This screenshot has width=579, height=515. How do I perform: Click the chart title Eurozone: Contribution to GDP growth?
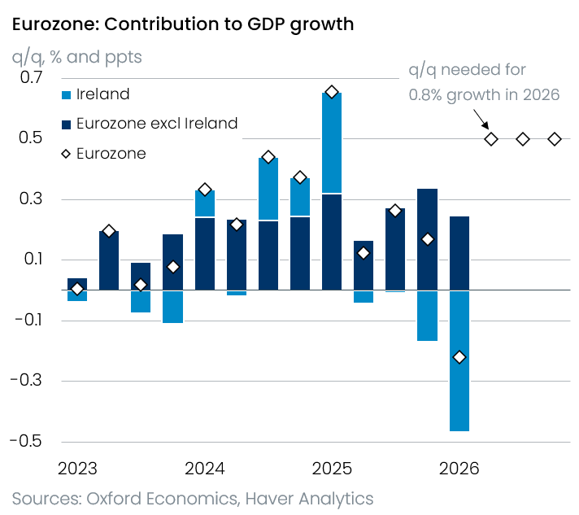(x=183, y=25)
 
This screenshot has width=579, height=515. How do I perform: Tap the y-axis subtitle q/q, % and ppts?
(x=76, y=57)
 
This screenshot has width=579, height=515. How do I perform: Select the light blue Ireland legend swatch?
(x=66, y=95)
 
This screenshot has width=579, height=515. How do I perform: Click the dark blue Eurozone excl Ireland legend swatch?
(x=66, y=124)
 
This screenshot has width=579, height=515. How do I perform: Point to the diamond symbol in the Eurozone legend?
(x=66, y=154)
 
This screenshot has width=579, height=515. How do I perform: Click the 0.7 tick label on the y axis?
(x=32, y=77)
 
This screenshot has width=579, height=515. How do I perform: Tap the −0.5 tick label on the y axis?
(x=26, y=441)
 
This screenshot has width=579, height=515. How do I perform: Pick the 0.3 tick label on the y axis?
(x=31, y=199)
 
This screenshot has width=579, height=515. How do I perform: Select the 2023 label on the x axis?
(x=77, y=469)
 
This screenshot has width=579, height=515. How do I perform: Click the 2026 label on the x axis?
(x=459, y=469)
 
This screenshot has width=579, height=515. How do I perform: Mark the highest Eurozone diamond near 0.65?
(x=332, y=92)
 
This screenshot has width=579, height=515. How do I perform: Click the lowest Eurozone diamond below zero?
(x=459, y=357)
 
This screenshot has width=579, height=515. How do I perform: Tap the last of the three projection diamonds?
(x=555, y=139)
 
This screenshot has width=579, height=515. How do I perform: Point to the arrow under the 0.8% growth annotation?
(x=481, y=119)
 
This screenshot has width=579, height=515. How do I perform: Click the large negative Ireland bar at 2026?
(x=459, y=361)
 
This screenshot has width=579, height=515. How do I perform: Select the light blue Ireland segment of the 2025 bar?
(x=332, y=143)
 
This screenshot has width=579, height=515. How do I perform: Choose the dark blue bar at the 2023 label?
(x=77, y=284)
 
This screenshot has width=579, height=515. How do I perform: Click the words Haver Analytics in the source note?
(x=310, y=499)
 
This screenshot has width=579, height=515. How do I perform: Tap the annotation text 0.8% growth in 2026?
(x=484, y=95)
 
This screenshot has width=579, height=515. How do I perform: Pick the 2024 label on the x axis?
(x=205, y=469)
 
